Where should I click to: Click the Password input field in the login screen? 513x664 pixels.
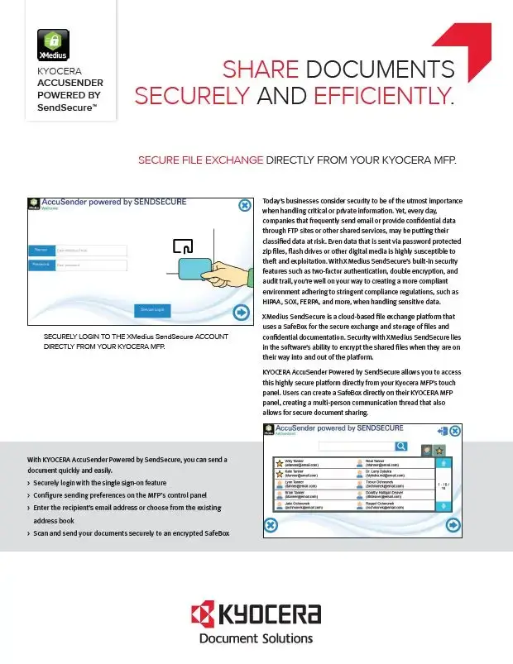[x=91, y=265]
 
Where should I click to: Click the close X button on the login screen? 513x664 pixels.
[x=245, y=206]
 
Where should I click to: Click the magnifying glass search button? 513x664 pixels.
[x=401, y=447]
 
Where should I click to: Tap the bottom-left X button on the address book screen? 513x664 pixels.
[x=271, y=525]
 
